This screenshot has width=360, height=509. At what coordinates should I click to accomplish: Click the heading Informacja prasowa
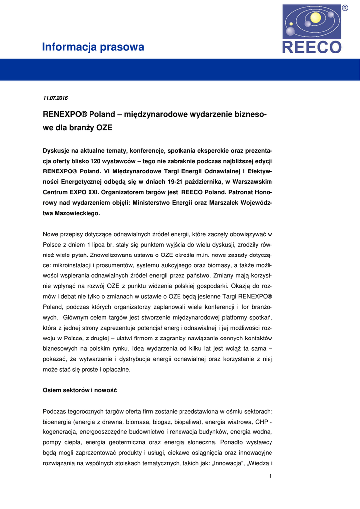tap(93, 47)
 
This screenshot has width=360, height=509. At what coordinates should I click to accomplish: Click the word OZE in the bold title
tap(104, 127)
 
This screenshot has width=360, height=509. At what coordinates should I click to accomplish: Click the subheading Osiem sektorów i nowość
tap(80, 390)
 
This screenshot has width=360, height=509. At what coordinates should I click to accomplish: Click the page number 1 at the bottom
tap(270, 477)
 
